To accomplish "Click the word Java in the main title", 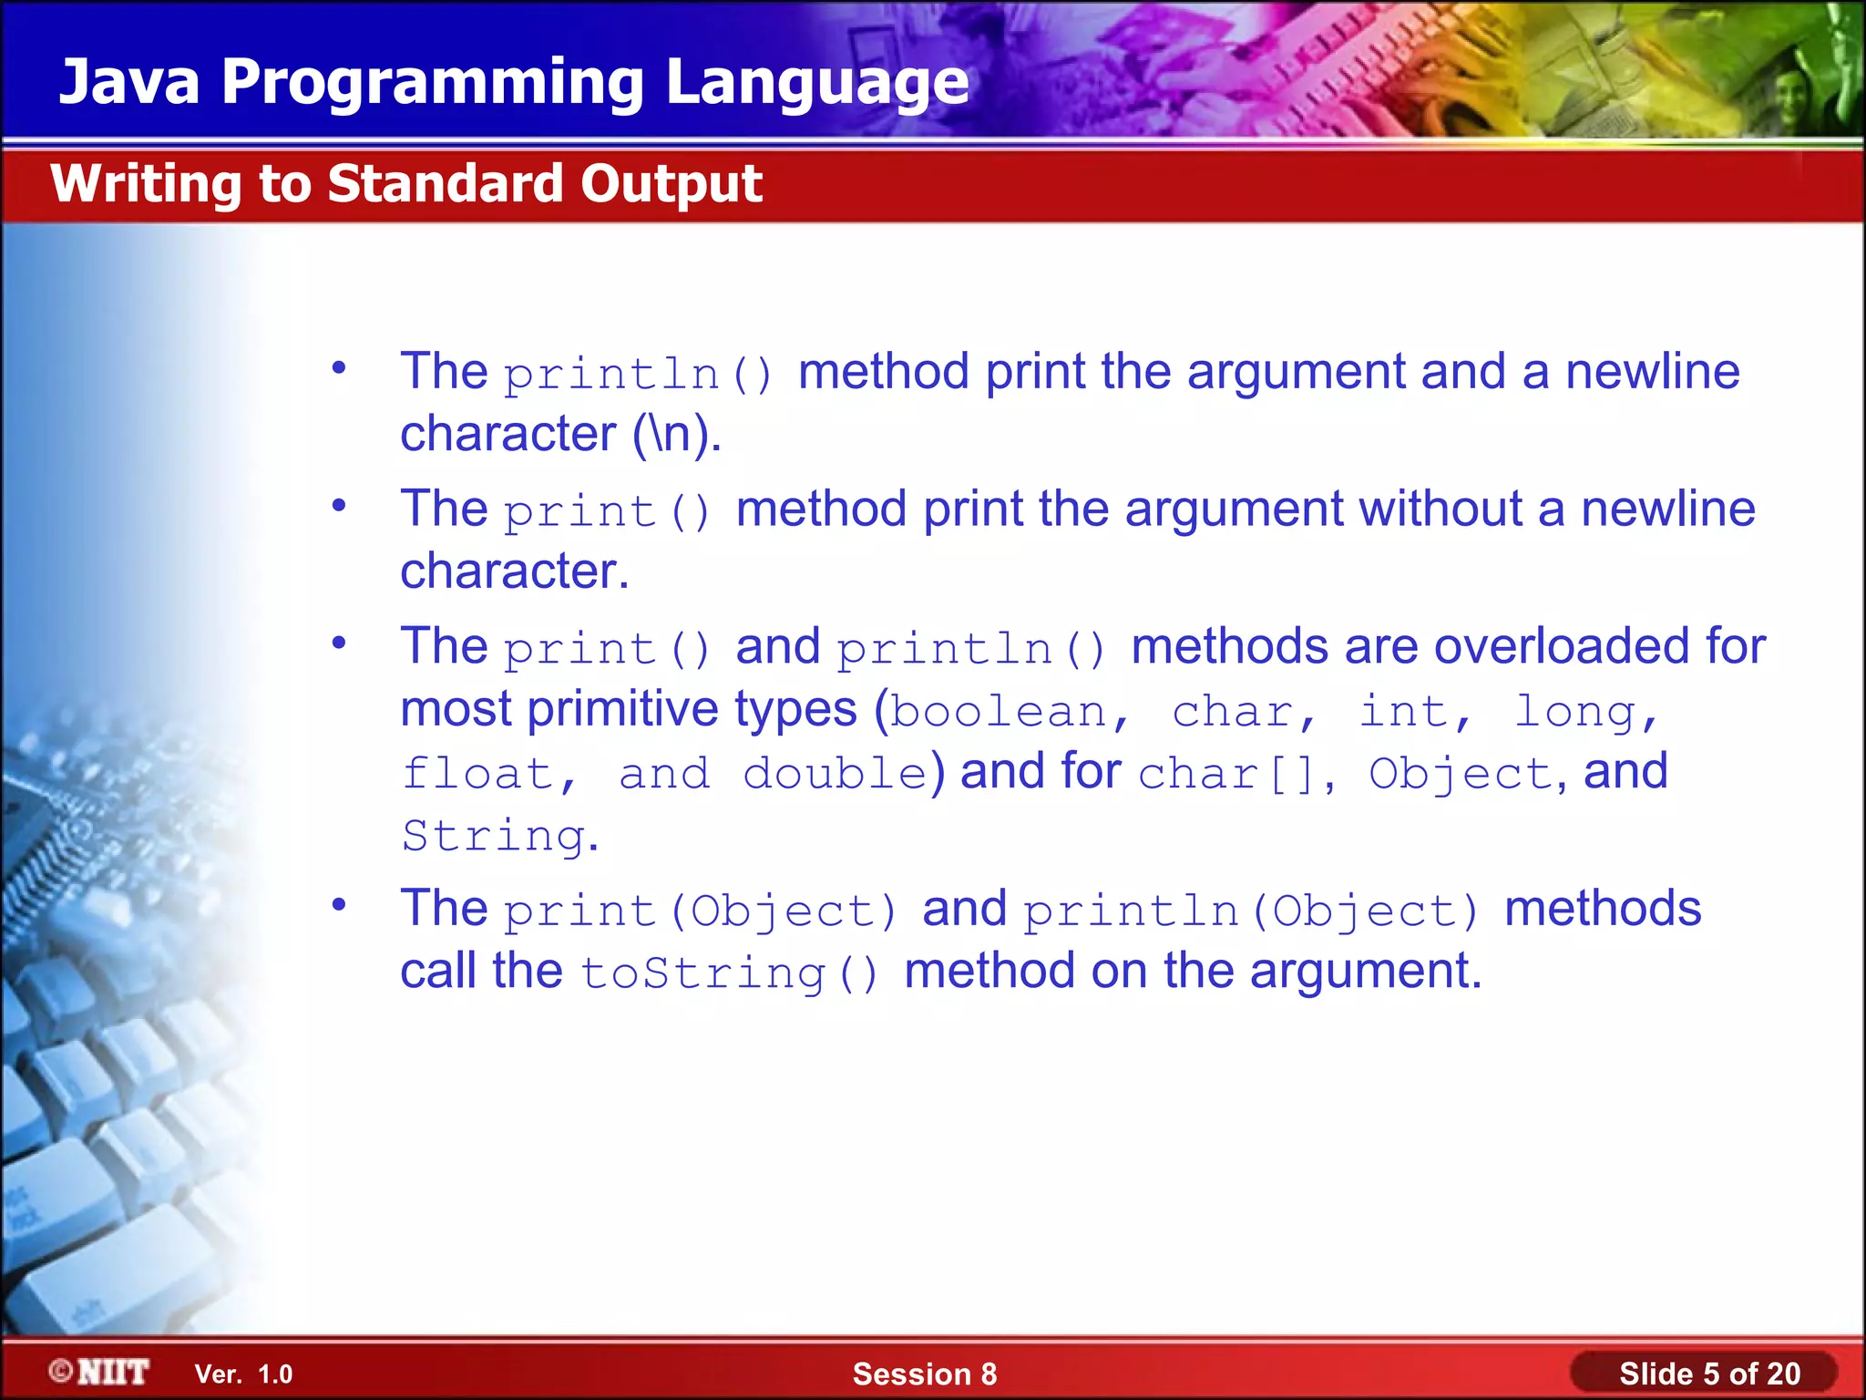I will click(128, 82).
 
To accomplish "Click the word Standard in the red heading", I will click(446, 184).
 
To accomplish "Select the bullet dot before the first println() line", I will click(339, 369).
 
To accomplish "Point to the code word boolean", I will click(999, 712).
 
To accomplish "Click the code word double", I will click(835, 774).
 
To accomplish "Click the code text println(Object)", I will click(1250, 911).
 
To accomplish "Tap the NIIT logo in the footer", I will click(99, 1372).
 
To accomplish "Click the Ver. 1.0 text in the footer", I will click(243, 1374).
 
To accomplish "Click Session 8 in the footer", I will click(924, 1374).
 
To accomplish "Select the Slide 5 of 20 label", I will click(1708, 1374).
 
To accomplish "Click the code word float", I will click(477, 774).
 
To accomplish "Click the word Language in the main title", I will click(816, 82).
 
